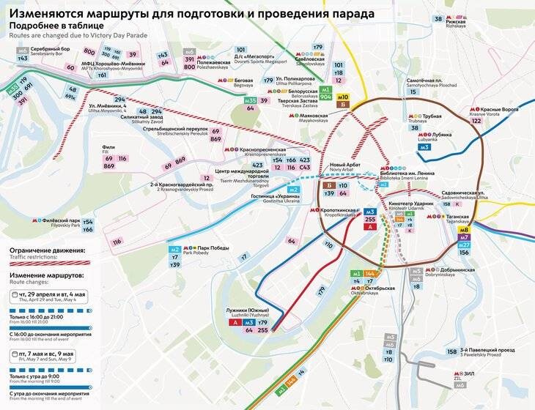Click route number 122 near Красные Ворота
[x=476, y=122]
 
